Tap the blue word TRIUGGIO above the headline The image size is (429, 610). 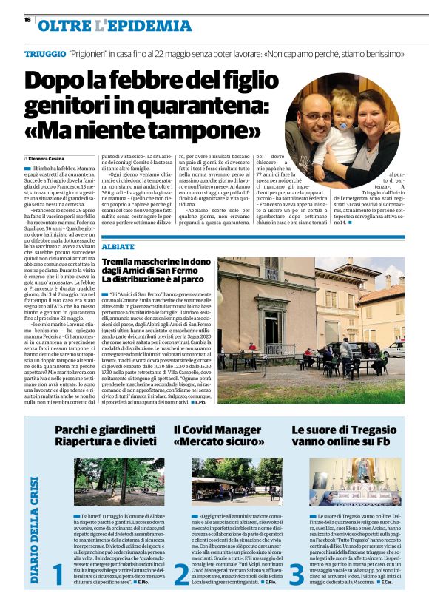(x=44, y=55)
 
